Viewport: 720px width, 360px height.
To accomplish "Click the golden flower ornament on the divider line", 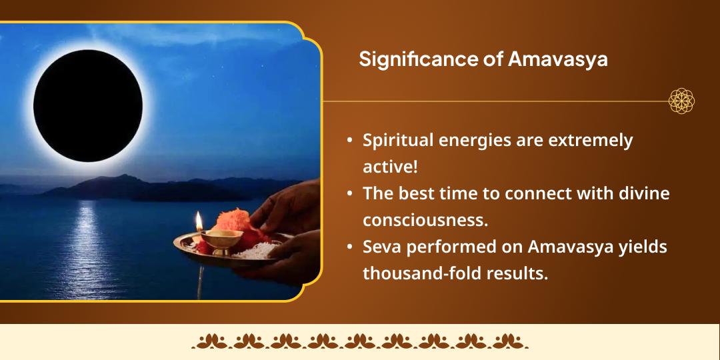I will coord(681,101).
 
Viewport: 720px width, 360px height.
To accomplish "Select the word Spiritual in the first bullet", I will coord(397,141).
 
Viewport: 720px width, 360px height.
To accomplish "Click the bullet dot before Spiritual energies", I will coord(350,141).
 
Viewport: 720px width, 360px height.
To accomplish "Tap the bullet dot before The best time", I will coord(350,194).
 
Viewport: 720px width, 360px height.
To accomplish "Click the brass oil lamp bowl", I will coord(220,238).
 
